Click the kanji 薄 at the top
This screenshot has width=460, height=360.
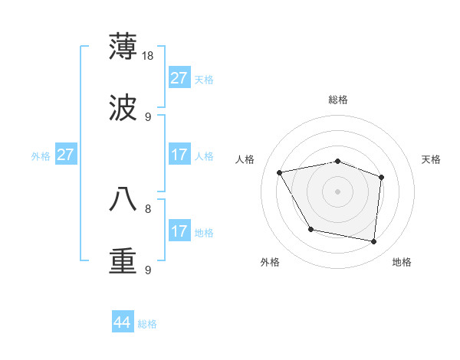click(x=123, y=46)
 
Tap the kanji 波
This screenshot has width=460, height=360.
click(x=123, y=108)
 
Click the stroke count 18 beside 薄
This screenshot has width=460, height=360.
click(x=149, y=55)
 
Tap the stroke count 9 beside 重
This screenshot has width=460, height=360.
click(x=148, y=270)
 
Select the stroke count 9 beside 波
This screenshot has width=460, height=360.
click(x=148, y=116)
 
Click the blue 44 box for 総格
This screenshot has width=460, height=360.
click(x=123, y=322)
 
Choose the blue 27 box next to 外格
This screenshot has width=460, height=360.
click(x=66, y=155)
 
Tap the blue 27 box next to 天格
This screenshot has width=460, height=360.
click(x=179, y=78)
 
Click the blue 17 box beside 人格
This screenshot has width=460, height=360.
click(x=179, y=155)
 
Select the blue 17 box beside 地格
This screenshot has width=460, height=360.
click(x=179, y=231)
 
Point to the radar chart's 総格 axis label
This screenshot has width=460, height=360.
click(x=338, y=100)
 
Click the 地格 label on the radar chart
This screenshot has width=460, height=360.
click(x=402, y=262)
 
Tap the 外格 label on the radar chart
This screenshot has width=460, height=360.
click(x=270, y=262)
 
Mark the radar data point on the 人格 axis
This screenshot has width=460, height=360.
click(x=280, y=173)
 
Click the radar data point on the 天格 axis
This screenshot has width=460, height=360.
click(x=381, y=177)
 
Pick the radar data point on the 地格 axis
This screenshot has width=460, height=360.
click(x=373, y=241)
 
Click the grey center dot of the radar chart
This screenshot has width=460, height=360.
click(x=337, y=191)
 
